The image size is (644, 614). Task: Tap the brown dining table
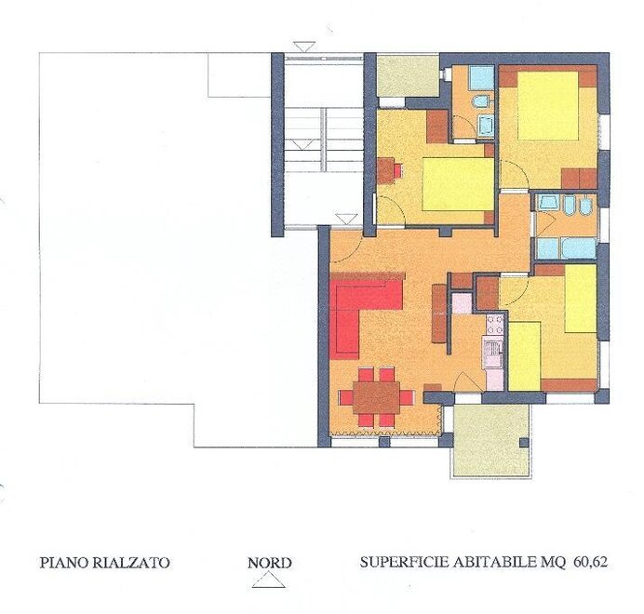376,397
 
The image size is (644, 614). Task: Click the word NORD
270,563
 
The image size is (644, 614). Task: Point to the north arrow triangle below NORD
269,581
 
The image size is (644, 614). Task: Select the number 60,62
590,562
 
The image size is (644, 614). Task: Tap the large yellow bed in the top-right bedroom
548,105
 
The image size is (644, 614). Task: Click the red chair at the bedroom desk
398,170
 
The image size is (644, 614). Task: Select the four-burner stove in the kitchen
495,325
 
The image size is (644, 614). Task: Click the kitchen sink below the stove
493,353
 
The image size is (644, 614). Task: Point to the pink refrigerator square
462,303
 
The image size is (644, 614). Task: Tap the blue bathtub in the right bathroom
579,248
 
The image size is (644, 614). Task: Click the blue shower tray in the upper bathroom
481,77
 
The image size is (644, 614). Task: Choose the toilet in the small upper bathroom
479,101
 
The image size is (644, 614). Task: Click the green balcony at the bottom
490,441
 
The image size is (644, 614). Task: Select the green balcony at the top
408,76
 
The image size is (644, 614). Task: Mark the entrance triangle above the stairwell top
304,47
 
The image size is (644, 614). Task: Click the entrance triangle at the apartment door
345,219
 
